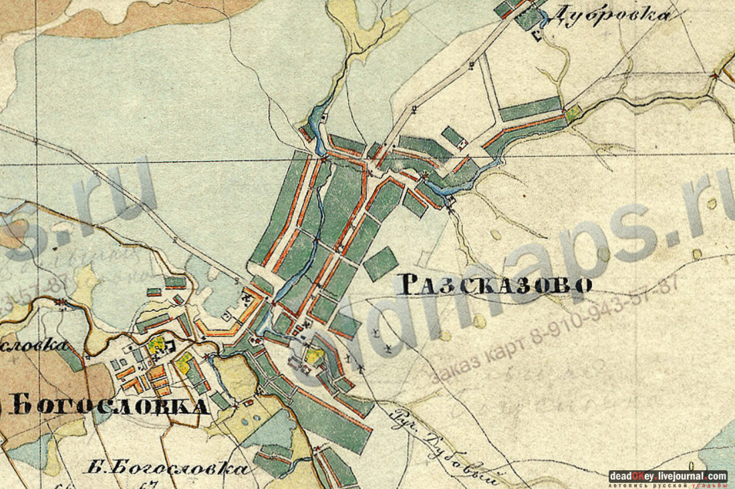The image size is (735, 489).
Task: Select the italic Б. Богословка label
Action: coord(167,467)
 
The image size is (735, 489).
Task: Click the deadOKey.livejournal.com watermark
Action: coord(668,476)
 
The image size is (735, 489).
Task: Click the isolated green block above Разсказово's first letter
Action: coord(382,263)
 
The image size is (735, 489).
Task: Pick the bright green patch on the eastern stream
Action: coord(573,114)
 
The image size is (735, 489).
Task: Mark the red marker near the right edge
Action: coord(716,76)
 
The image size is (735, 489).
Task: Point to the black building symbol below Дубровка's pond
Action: coord(537,37)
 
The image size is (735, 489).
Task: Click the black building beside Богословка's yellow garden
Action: coord(168,346)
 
